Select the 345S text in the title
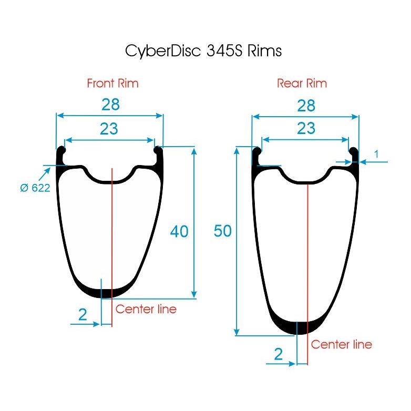tap(221, 51)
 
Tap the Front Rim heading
tap(112, 83)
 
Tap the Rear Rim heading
tap(302, 83)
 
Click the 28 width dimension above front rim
tap(110, 105)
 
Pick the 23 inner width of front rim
tap(109, 128)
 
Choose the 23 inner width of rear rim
tap(306, 128)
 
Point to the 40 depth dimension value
tap(179, 231)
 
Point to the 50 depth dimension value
tap(223, 231)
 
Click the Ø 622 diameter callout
tap(35, 188)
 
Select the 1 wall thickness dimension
tap(376, 153)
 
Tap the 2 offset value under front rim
tap(83, 315)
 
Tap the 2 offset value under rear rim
tap(279, 354)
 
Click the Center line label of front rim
tap(146, 309)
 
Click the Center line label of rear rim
tap(341, 344)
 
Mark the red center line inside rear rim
tap(308, 252)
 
